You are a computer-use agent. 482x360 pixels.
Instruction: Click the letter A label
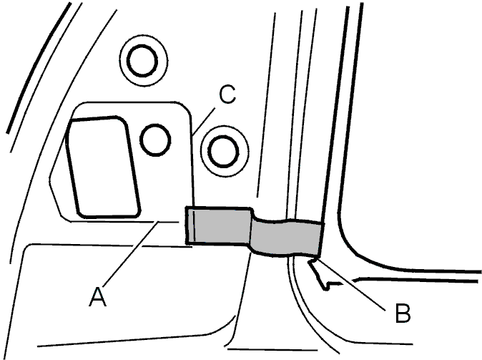click(x=98, y=296)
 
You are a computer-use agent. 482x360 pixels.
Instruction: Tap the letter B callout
click(x=403, y=313)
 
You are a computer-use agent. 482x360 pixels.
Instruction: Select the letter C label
click(x=227, y=94)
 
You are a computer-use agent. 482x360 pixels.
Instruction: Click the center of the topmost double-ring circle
click(x=142, y=61)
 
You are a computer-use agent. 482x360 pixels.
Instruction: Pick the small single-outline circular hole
click(x=156, y=140)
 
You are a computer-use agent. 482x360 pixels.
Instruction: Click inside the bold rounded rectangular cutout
click(x=104, y=167)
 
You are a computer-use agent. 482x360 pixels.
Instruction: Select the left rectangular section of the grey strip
click(x=219, y=225)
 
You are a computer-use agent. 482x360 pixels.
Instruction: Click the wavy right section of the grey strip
click(x=287, y=236)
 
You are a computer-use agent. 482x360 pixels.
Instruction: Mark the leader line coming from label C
click(x=204, y=121)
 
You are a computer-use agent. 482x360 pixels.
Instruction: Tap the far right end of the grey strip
click(x=320, y=238)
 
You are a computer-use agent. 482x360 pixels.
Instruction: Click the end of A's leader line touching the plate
click(x=158, y=223)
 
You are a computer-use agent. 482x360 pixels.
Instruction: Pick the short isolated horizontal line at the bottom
click(x=272, y=349)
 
